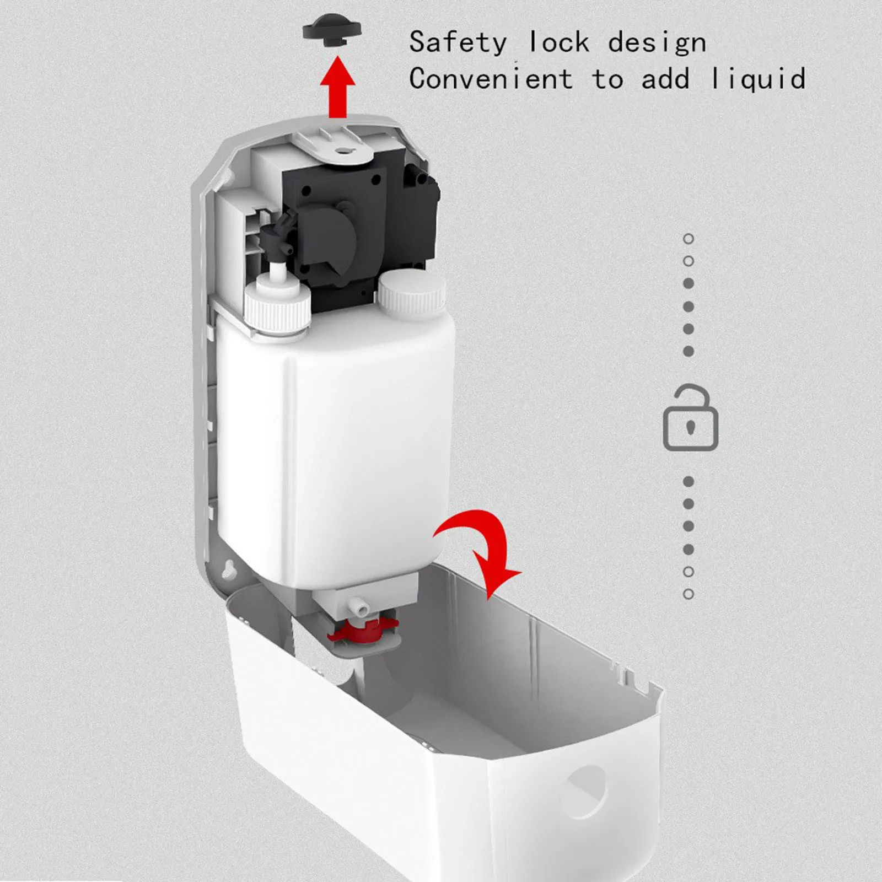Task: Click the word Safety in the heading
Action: [458, 42]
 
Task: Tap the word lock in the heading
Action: [558, 42]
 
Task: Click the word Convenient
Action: [491, 79]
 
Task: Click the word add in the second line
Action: [665, 79]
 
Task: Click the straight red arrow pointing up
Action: [337, 88]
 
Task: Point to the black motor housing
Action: [353, 220]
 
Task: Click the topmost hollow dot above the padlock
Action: [689, 239]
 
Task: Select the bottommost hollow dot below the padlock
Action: [689, 594]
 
